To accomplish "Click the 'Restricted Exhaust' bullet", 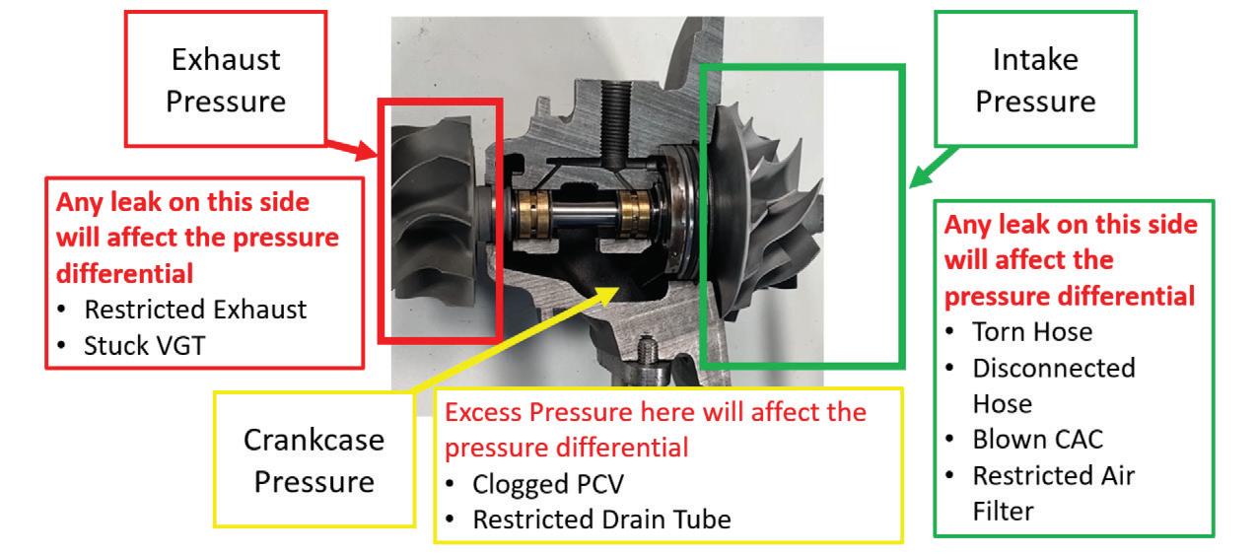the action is (x=195, y=310).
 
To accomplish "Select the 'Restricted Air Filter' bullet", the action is (x=1053, y=490).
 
